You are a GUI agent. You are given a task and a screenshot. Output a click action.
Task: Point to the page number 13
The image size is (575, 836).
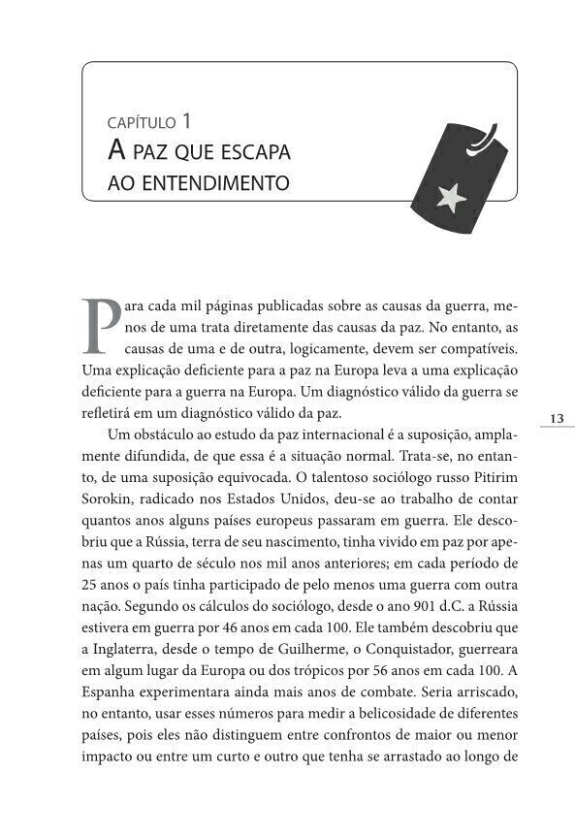pyautogui.click(x=556, y=418)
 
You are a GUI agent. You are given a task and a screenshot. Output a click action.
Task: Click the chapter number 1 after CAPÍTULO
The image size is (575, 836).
pyautogui.click(x=185, y=122)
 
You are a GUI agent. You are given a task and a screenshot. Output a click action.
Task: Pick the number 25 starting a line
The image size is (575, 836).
pyautogui.click(x=90, y=584)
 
